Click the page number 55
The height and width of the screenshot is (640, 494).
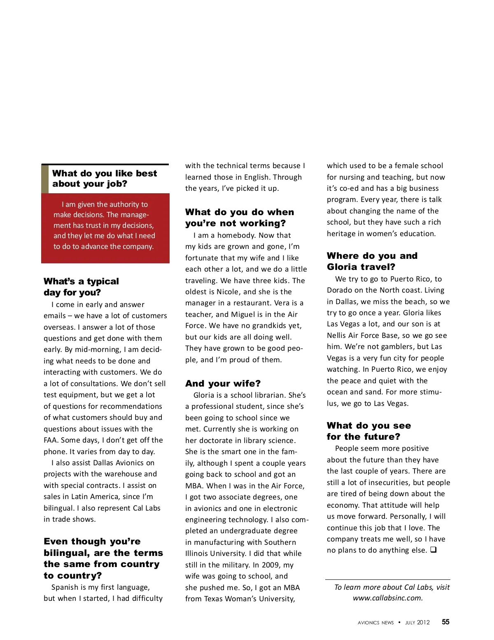[445, 622]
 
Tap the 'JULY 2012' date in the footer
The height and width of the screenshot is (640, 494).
[417, 623]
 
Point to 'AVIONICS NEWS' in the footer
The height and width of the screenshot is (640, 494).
[375, 623]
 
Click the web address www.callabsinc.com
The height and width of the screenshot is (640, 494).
[387, 598]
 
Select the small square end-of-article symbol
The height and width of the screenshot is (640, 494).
[433, 550]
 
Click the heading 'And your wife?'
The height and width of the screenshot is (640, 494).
[223, 383]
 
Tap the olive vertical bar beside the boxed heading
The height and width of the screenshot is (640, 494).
[45, 179]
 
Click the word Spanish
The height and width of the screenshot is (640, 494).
[65, 587]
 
